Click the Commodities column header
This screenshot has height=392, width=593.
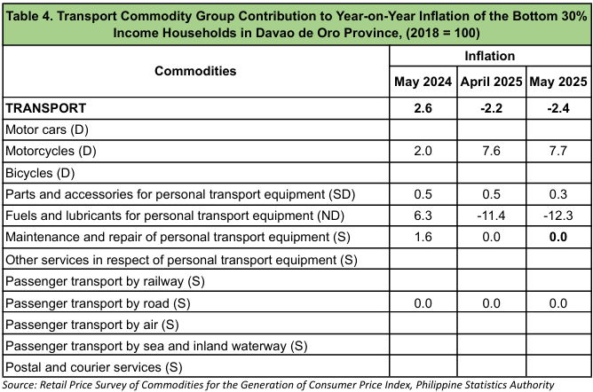point(195,71)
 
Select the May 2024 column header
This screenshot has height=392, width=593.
point(423,82)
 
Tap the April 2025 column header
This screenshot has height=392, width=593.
point(491,82)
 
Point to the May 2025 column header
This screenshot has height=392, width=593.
point(558,82)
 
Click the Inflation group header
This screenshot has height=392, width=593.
point(490,56)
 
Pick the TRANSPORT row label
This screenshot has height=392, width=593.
point(46,108)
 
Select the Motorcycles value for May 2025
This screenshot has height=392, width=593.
point(558,151)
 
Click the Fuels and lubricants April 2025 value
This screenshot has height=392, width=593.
point(491,216)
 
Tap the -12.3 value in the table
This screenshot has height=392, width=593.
point(558,216)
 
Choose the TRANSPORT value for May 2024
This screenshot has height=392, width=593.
point(423,108)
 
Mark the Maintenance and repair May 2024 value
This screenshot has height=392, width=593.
point(423,237)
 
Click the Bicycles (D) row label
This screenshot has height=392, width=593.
point(40,173)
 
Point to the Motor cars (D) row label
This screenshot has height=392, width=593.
point(47,129)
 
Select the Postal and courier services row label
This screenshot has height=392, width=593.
point(94,367)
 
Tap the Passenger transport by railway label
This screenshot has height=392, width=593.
point(105,281)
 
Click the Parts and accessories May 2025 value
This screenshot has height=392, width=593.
point(558,194)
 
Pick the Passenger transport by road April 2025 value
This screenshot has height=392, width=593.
point(491,303)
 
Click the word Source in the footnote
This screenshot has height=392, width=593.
point(19,385)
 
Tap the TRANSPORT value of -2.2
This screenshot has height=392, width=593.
point(491,108)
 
